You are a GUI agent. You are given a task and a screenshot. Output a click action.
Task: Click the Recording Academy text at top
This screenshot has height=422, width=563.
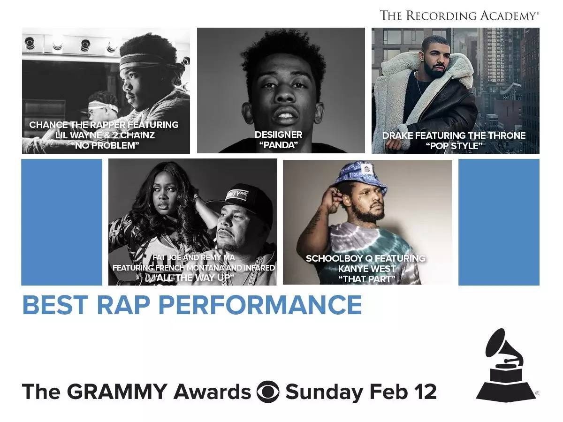tap(459, 15)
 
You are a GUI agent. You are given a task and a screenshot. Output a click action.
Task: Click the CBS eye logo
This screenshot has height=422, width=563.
tap(268, 392)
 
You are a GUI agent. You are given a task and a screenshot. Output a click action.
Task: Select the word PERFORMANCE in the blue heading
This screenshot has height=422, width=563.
tap(260, 305)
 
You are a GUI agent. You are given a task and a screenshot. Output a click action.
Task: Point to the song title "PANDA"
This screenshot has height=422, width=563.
tap(279, 145)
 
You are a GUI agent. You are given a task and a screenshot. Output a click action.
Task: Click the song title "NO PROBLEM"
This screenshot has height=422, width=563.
tap(105, 145)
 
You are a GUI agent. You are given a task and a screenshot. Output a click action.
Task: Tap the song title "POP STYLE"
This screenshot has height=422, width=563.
tap(454, 146)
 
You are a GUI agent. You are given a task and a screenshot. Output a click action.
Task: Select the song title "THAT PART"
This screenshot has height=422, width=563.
tap(367, 279)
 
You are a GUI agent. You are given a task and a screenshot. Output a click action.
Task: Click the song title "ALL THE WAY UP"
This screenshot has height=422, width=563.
tap(194, 278)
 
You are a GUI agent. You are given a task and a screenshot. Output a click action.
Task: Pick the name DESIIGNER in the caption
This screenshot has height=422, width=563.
tap(279, 135)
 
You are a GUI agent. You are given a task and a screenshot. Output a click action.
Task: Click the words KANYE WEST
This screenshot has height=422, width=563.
tap(367, 269)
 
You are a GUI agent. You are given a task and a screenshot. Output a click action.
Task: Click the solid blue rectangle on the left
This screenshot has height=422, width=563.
tap(61, 222)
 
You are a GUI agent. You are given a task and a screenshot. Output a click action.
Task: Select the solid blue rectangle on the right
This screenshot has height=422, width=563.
tap(499, 222)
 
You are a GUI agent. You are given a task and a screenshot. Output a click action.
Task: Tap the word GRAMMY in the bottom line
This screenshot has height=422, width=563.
tap(117, 392)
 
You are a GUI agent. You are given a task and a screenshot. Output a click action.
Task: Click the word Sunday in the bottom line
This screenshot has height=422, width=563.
tap(324, 392)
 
